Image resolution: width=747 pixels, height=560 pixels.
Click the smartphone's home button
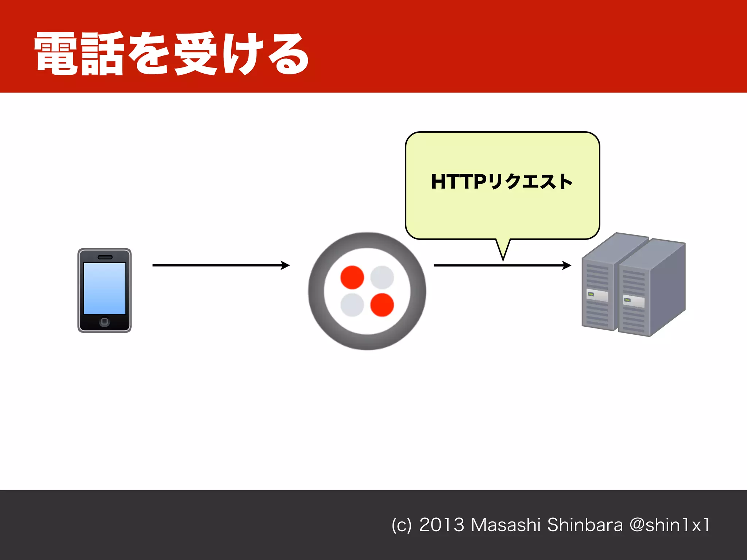(104, 321)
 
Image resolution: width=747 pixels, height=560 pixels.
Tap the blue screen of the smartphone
(104, 288)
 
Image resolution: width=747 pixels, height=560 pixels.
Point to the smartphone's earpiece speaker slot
(105, 257)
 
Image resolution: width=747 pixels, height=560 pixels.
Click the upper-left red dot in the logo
(352, 277)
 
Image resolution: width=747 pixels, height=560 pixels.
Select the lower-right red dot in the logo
(382, 305)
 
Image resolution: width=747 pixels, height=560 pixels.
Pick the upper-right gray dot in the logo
(382, 277)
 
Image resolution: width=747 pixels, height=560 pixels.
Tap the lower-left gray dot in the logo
(352, 305)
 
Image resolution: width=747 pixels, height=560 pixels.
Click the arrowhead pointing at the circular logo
(286, 265)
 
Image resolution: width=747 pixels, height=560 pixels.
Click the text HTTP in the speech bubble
(458, 182)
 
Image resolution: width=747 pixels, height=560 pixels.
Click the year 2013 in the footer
(441, 525)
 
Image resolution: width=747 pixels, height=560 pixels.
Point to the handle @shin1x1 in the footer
(670, 525)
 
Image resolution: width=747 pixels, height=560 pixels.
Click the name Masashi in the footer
(506, 525)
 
